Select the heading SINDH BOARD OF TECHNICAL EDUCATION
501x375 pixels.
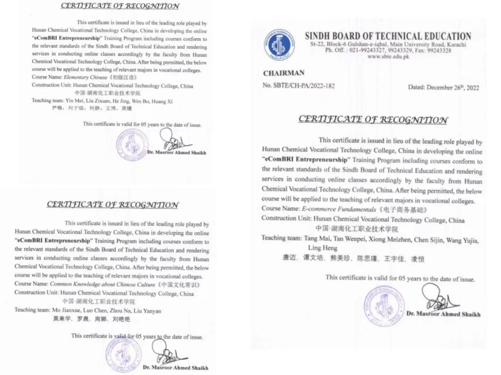388,36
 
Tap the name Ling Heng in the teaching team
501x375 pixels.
322,248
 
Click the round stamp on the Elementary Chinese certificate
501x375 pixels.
132,145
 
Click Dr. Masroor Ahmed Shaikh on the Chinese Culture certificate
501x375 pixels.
175,367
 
